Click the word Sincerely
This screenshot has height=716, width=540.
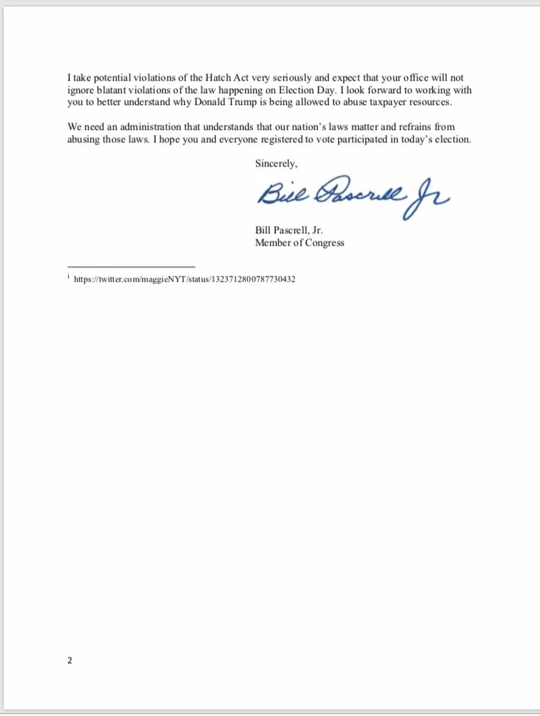(x=276, y=163)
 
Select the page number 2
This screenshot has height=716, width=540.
(x=70, y=660)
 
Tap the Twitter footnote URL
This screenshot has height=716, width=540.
(x=185, y=280)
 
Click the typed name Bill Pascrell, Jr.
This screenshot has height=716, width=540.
(x=289, y=230)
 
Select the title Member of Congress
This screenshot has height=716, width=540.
(x=299, y=243)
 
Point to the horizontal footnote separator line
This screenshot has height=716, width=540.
(x=131, y=266)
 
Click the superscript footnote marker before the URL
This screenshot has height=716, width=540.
(x=68, y=277)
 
